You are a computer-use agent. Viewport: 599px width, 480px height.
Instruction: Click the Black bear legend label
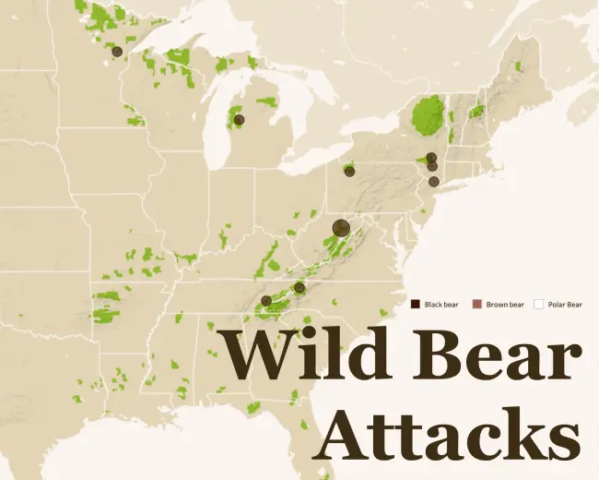[441, 305]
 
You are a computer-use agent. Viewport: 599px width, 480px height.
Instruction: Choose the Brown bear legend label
[505, 305]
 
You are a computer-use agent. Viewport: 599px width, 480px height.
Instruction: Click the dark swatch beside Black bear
[416, 305]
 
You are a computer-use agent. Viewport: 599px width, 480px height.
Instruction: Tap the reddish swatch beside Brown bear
[476, 305]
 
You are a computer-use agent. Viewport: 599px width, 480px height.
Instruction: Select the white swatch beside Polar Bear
[539, 305]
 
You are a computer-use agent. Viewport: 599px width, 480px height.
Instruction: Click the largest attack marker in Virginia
[341, 227]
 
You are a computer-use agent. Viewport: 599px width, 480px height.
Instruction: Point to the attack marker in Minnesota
[117, 52]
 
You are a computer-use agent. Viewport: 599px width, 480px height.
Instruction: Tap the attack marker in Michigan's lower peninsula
[239, 119]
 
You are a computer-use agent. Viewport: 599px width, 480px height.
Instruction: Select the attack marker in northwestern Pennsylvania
[349, 170]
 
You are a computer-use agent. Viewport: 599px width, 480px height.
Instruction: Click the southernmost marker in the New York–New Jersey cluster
[433, 181]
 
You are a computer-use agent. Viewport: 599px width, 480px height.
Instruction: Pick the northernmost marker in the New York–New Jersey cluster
[431, 157]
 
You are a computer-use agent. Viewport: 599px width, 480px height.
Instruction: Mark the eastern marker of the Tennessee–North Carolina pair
[299, 288]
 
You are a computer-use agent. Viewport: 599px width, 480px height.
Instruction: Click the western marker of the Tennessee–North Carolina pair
[266, 301]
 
